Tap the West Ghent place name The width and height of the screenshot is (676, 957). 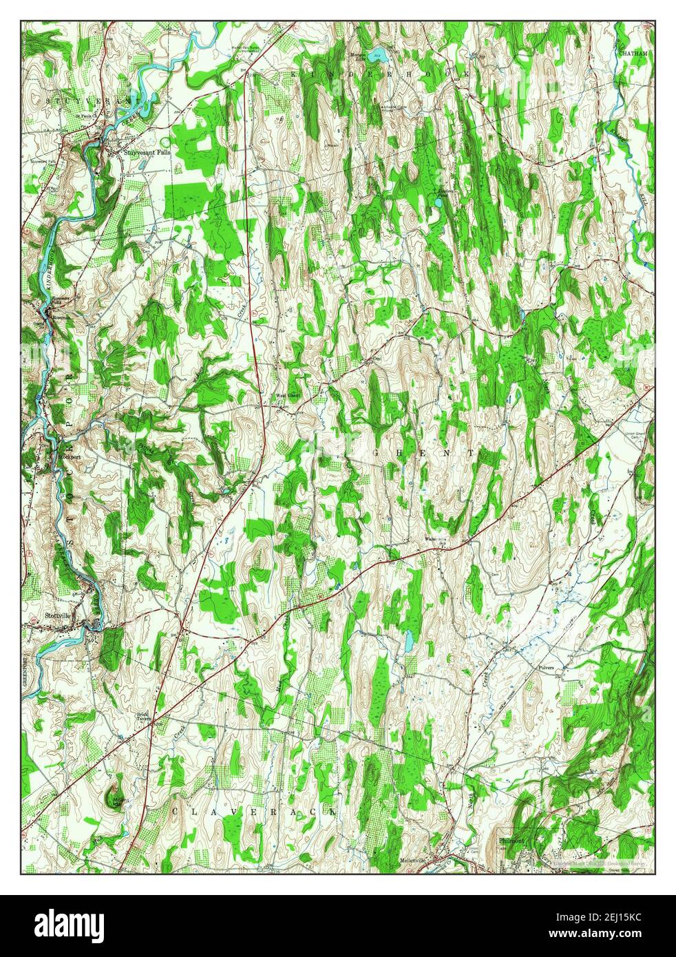(x=287, y=396)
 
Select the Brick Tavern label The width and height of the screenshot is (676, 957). (x=142, y=716)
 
